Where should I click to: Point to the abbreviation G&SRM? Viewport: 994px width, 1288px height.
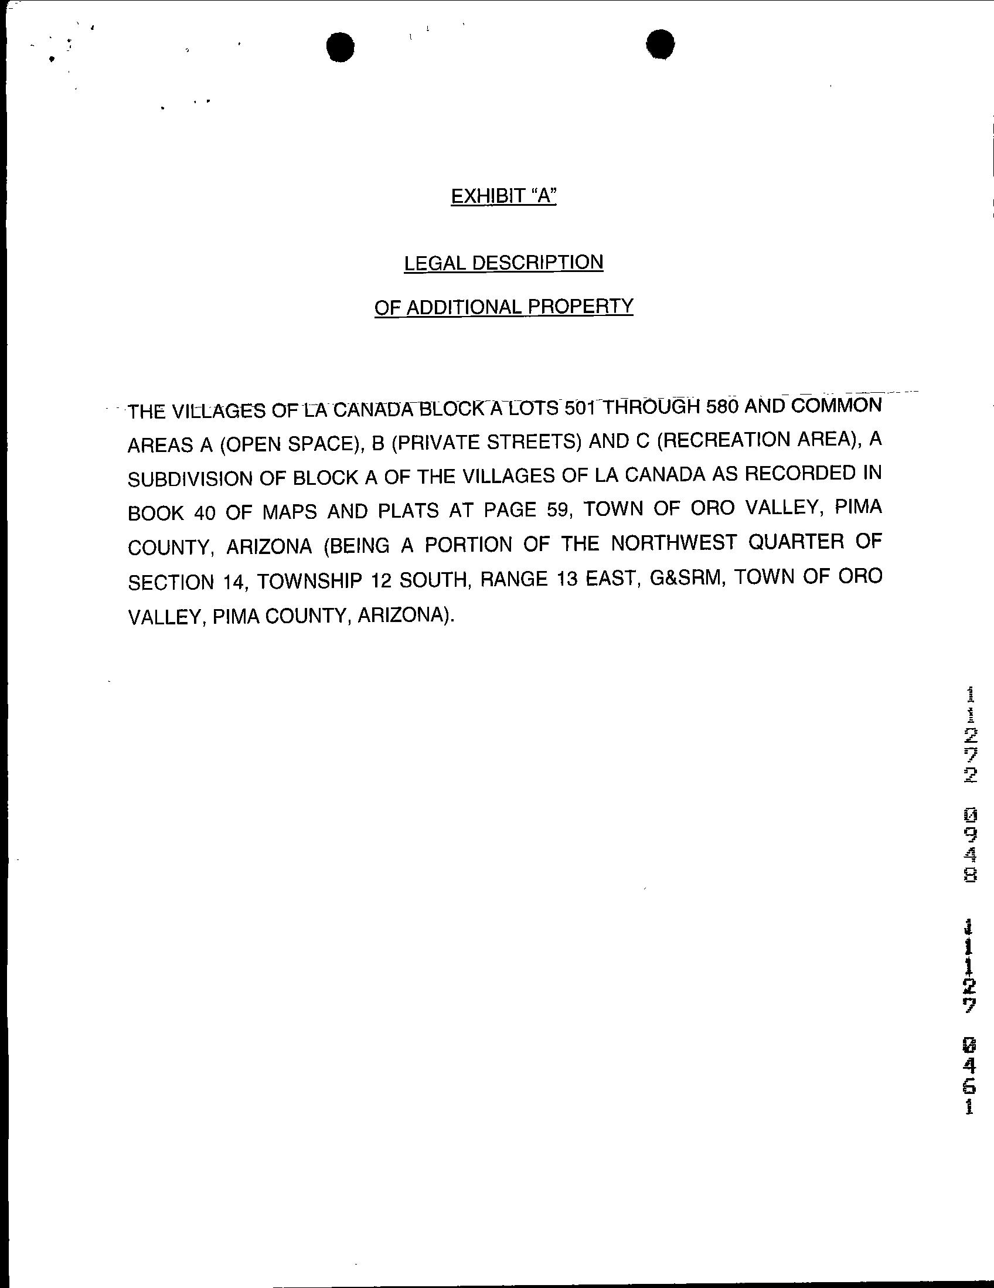click(683, 577)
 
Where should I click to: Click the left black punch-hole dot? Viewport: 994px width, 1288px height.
click(340, 47)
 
